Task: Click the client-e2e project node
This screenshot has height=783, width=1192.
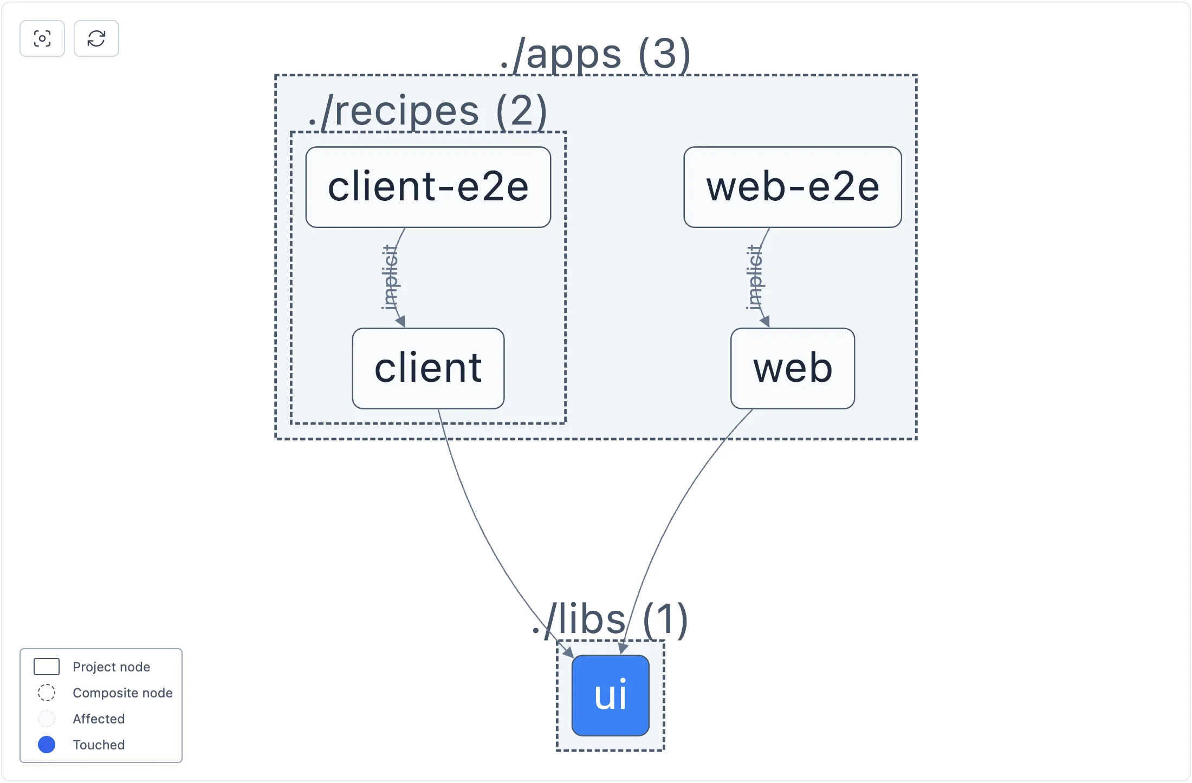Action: point(428,187)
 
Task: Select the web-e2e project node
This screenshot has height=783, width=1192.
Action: point(792,187)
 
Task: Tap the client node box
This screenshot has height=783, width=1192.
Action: point(428,368)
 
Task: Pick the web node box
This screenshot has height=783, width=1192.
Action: point(792,368)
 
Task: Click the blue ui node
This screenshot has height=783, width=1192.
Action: point(610,695)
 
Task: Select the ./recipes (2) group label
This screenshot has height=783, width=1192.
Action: point(427,111)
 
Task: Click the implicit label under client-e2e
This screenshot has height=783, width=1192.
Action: point(390,277)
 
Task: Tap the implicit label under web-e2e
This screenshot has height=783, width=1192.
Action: point(754,277)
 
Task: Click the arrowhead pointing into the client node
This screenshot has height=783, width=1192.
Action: point(401,322)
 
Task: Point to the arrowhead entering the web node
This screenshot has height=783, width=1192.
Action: point(765,322)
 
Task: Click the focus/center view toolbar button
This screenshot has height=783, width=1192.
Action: point(42,38)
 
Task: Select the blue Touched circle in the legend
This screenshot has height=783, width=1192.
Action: point(47,745)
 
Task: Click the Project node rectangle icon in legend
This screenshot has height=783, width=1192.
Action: point(47,667)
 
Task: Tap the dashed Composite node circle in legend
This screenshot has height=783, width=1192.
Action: point(47,693)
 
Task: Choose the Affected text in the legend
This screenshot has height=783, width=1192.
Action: point(99,719)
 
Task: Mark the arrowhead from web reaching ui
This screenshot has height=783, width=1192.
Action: point(623,649)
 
